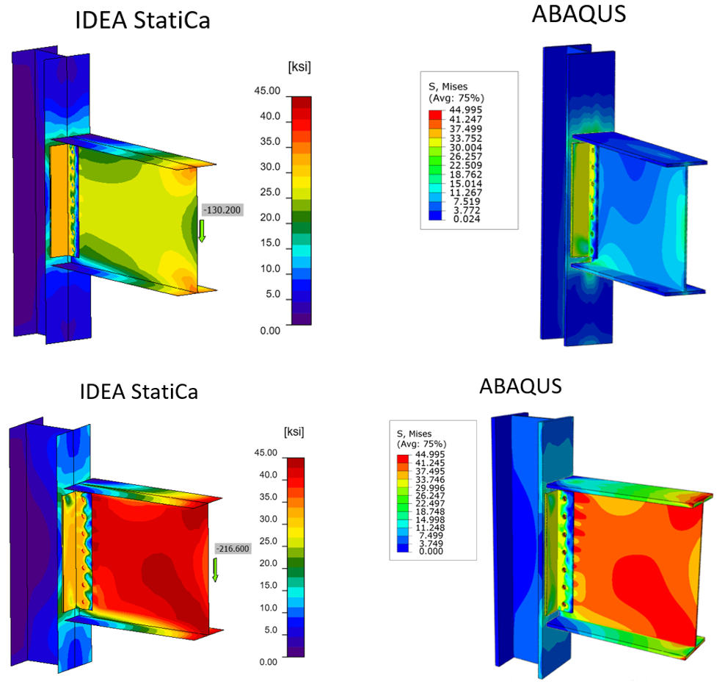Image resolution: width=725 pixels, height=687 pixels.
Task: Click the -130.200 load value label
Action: tap(222, 211)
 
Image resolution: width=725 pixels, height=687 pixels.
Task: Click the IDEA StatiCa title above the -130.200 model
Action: tap(142, 20)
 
